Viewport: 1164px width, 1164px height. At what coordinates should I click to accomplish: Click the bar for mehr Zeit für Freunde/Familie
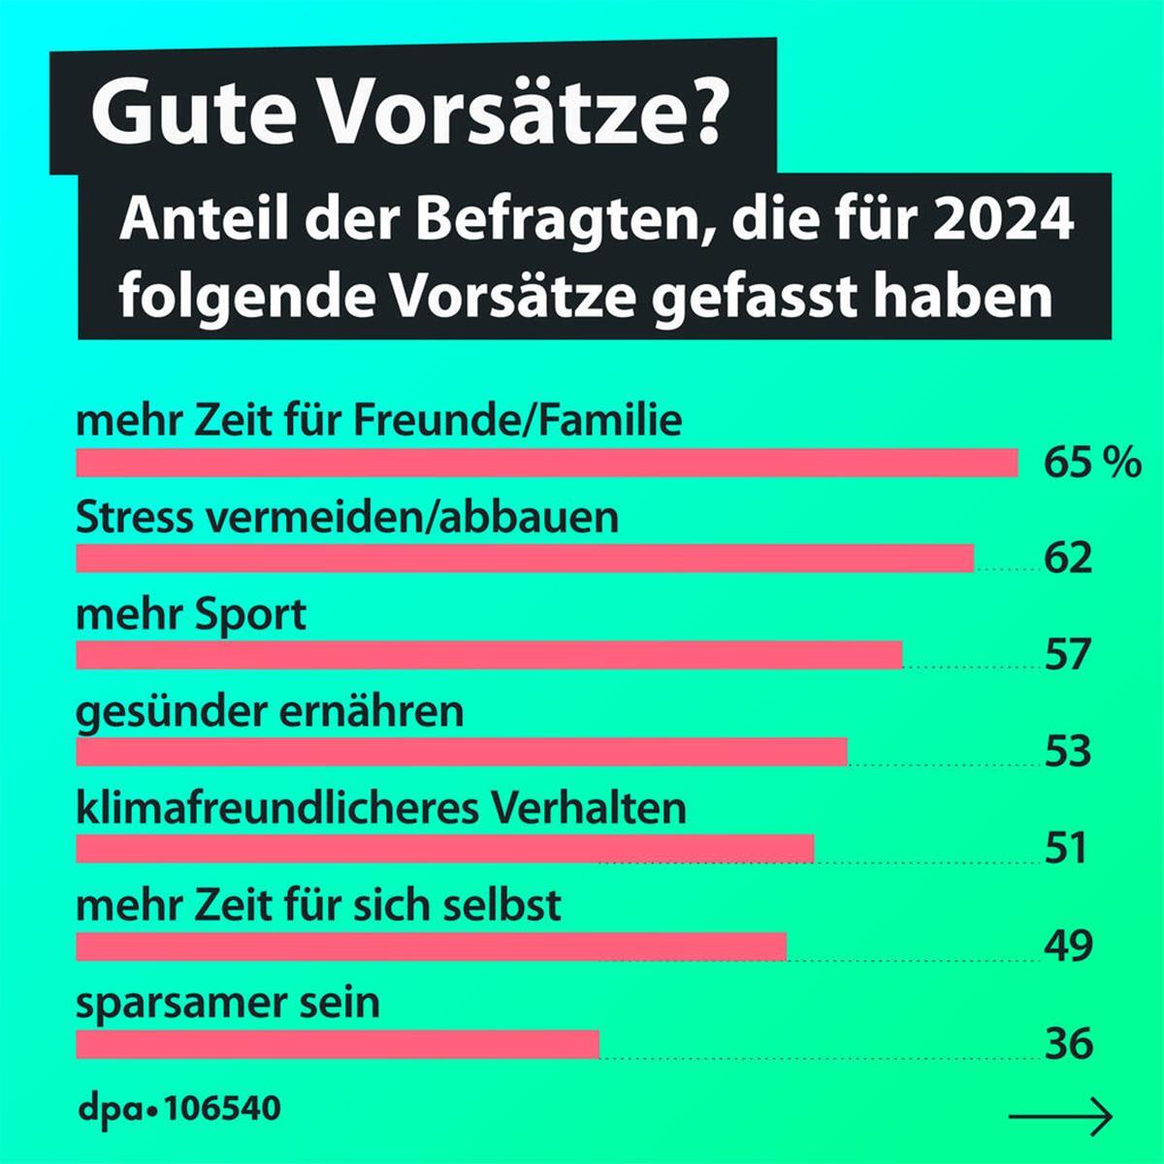tap(546, 463)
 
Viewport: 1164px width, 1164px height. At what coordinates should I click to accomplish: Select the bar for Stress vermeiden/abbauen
tap(524, 559)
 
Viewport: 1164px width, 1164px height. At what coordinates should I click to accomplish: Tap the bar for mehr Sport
tap(489, 656)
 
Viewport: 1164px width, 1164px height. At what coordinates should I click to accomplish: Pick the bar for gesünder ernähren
tap(461, 752)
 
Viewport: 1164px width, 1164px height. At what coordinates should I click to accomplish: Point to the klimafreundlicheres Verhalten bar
tap(444, 849)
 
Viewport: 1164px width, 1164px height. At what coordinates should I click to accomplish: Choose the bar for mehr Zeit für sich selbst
tap(431, 946)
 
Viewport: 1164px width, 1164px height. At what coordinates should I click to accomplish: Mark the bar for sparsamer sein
tap(338, 1044)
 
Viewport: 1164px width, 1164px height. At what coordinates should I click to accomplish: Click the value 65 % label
tap(1092, 463)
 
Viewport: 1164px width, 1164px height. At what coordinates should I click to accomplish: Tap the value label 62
tap(1068, 559)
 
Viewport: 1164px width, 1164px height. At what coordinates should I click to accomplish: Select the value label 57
tap(1068, 656)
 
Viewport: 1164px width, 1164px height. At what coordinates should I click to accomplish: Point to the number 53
tap(1068, 752)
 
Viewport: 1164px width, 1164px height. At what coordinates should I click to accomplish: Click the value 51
tap(1065, 849)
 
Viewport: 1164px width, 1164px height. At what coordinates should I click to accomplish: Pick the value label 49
tap(1068, 946)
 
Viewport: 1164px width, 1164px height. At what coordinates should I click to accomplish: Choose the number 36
tap(1068, 1044)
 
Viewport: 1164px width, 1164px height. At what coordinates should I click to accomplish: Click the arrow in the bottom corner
tap(1060, 1116)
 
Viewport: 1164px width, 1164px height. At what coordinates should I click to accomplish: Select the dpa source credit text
tap(178, 1108)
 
